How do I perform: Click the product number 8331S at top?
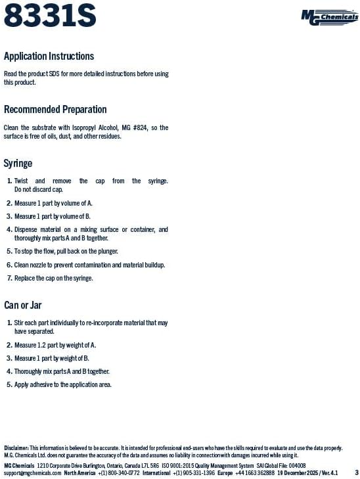pos(50,15)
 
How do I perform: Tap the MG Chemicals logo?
pos(329,16)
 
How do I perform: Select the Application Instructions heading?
pos(49,57)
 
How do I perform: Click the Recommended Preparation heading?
pos(55,110)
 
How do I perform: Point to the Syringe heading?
pos(18,163)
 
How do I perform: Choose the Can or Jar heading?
pos(23,305)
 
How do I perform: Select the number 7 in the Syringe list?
pos(9,279)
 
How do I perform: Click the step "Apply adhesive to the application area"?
pos(62,385)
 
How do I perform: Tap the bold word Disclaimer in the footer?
pos(16,447)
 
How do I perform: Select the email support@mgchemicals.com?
pos(32,472)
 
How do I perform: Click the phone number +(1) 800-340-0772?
pos(119,472)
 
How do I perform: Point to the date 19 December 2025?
pos(299,472)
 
